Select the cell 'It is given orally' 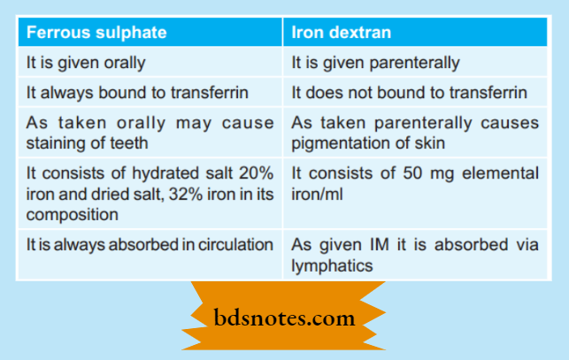tap(85, 63)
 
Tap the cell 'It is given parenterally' tap(376, 63)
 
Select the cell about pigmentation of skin tap(415, 132)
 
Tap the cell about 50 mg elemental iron tap(415, 183)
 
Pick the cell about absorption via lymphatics tap(415, 254)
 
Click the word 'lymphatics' tap(328, 264)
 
